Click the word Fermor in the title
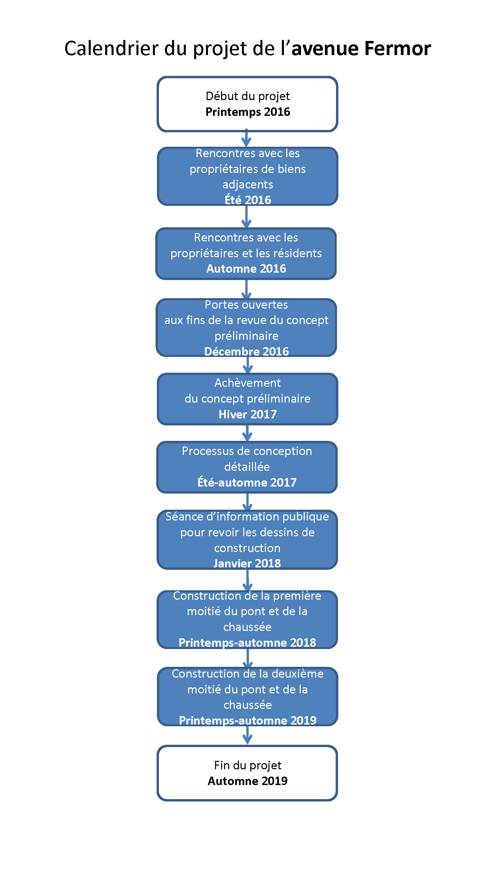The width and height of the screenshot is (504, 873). coord(398,48)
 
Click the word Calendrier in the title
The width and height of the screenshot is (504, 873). coord(112,48)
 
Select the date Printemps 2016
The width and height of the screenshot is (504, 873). coord(248,112)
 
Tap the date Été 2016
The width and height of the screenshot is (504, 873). coord(248,200)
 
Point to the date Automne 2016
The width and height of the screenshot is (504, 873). coord(246,269)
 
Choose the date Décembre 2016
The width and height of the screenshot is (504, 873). coord(247,352)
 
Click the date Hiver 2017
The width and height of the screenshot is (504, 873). coord(248,414)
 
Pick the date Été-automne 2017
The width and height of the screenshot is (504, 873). coord(247,483)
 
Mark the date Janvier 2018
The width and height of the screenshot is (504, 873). coord(247,563)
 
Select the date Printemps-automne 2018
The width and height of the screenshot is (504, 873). coord(247,643)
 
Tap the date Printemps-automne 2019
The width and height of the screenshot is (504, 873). coord(248,721)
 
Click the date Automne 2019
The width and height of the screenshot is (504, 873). coord(248,781)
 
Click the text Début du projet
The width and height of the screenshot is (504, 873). coord(248,96)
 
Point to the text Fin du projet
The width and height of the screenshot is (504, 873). coord(248,766)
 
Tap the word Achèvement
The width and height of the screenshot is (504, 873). coord(248,383)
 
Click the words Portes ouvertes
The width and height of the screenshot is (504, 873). coord(246,305)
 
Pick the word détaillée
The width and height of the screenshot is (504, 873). coord(247,467)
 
